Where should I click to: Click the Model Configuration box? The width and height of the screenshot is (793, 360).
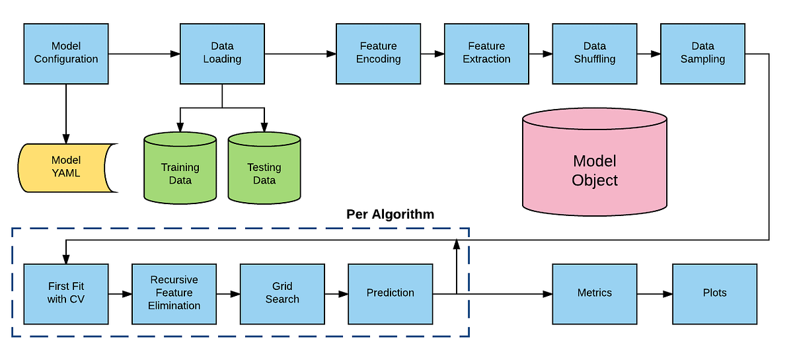pos(66,53)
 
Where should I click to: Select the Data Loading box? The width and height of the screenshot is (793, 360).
pos(222,53)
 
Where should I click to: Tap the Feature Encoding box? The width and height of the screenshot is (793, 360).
pos(378,53)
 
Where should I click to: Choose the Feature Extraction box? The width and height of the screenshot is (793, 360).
pos(486,53)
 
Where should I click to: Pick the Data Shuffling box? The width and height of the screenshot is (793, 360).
pos(595,53)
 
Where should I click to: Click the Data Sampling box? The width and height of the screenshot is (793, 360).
pos(702,53)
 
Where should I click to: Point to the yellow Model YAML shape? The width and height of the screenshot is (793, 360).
pos(66,167)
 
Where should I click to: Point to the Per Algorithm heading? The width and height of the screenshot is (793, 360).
pos(390,215)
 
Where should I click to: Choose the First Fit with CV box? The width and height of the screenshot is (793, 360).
pos(66,293)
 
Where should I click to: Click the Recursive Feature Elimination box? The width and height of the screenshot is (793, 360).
pos(174,293)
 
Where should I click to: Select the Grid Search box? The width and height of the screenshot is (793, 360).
pos(282,293)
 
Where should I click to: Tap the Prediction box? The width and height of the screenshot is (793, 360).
pos(391,293)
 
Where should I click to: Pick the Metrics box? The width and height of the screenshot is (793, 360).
pos(595,293)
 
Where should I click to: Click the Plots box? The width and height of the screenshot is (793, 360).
pos(714,293)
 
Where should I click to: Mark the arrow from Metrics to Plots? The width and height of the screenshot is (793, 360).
pos(654,293)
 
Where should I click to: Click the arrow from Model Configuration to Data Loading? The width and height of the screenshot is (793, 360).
pos(144,54)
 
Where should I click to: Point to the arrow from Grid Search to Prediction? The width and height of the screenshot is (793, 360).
pos(336,293)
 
